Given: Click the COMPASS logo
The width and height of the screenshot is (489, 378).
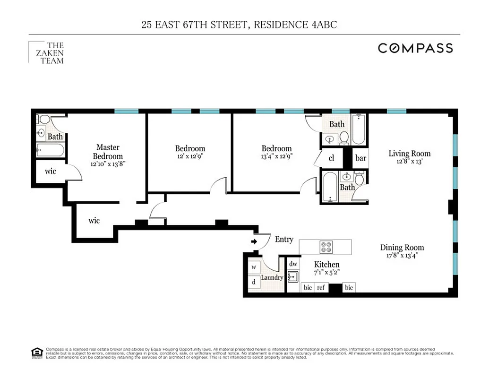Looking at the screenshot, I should tap(415, 48).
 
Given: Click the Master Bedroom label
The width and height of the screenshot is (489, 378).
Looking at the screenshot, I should tap(108, 152).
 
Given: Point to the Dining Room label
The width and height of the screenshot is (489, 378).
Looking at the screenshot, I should tap(402, 247).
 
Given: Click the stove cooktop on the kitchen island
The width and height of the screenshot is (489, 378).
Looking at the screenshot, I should tap(326, 247).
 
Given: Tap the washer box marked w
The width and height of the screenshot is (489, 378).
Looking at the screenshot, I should tap(254, 267).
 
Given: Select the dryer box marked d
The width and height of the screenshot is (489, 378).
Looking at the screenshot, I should tap(254, 282).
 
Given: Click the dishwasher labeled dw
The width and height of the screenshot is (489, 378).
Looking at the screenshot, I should tap(293, 265).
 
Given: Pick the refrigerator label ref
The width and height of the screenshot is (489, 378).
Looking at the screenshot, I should tap(321, 287).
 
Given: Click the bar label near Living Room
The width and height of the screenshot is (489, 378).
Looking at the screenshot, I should tap(360, 158).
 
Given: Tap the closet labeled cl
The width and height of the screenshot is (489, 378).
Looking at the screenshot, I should tap(331, 158).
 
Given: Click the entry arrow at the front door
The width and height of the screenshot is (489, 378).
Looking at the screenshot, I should tap(254, 241).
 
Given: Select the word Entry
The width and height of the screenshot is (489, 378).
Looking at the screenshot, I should tap(284, 240).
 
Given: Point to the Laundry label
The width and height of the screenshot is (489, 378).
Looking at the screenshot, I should tap(272, 277).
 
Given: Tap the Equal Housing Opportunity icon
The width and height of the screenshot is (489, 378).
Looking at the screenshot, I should tap(36, 352).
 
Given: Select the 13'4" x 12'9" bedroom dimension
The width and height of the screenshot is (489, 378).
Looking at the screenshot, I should tap(276, 156).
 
